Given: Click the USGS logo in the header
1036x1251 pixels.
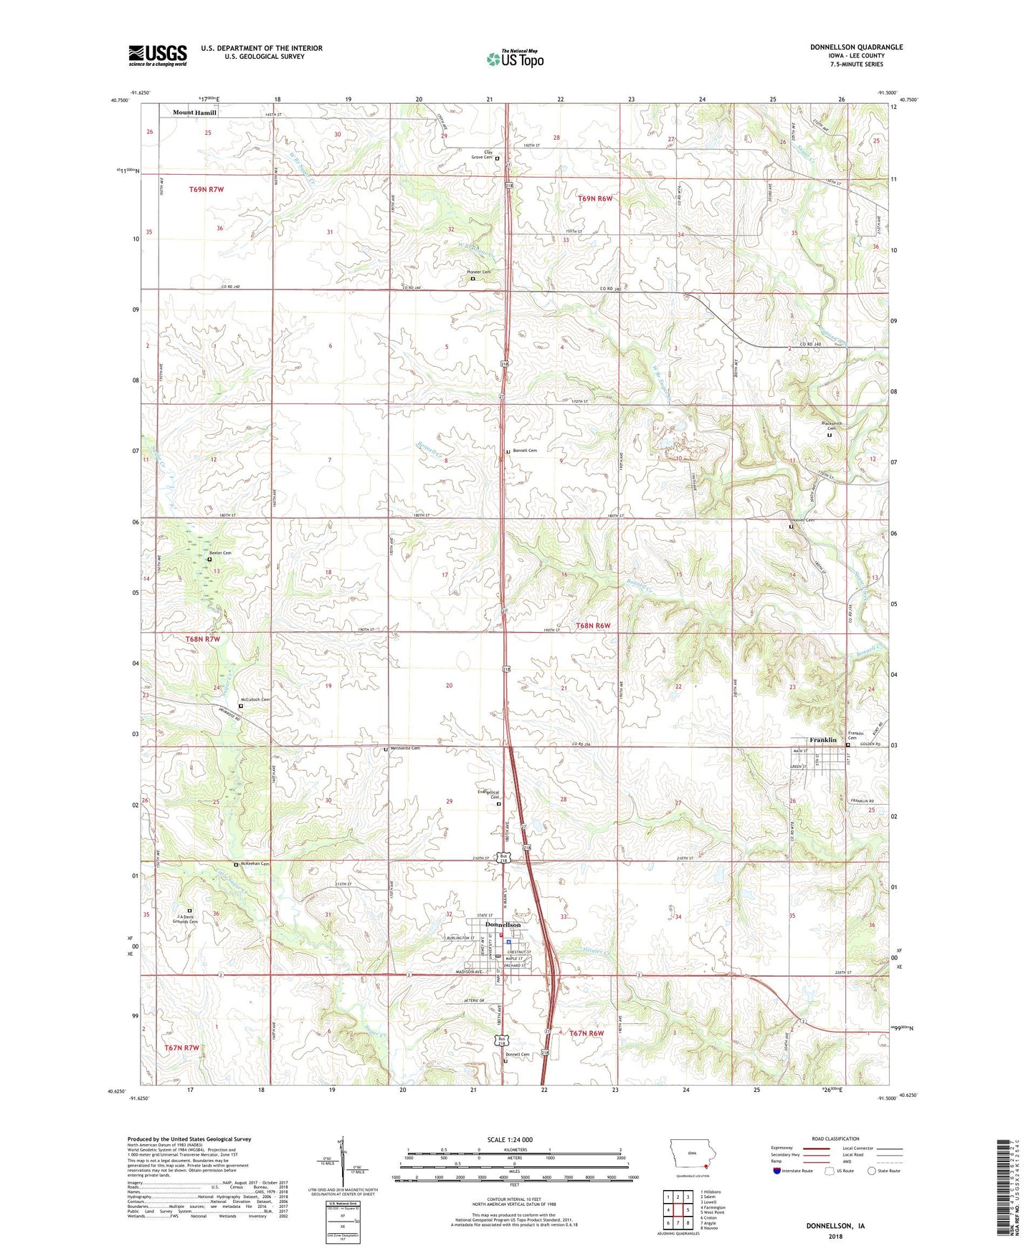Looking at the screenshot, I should coord(158,55).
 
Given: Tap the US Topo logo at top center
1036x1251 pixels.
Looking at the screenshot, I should coord(515,59).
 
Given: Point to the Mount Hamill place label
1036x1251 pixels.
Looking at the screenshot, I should coord(194,112).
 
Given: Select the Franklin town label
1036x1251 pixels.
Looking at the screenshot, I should coord(823,739).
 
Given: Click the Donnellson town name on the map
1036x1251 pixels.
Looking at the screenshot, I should coord(503,924).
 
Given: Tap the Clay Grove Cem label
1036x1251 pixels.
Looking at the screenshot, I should coord(481,154).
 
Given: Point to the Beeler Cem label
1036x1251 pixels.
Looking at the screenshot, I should coord(220,553).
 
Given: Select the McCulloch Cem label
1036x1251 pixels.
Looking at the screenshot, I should coord(255,699).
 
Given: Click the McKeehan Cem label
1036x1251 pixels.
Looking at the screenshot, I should coord(255,864).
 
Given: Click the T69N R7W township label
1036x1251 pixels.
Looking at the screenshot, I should coord(206,189).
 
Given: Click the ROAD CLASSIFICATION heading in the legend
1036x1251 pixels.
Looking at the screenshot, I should coord(837,1139).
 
